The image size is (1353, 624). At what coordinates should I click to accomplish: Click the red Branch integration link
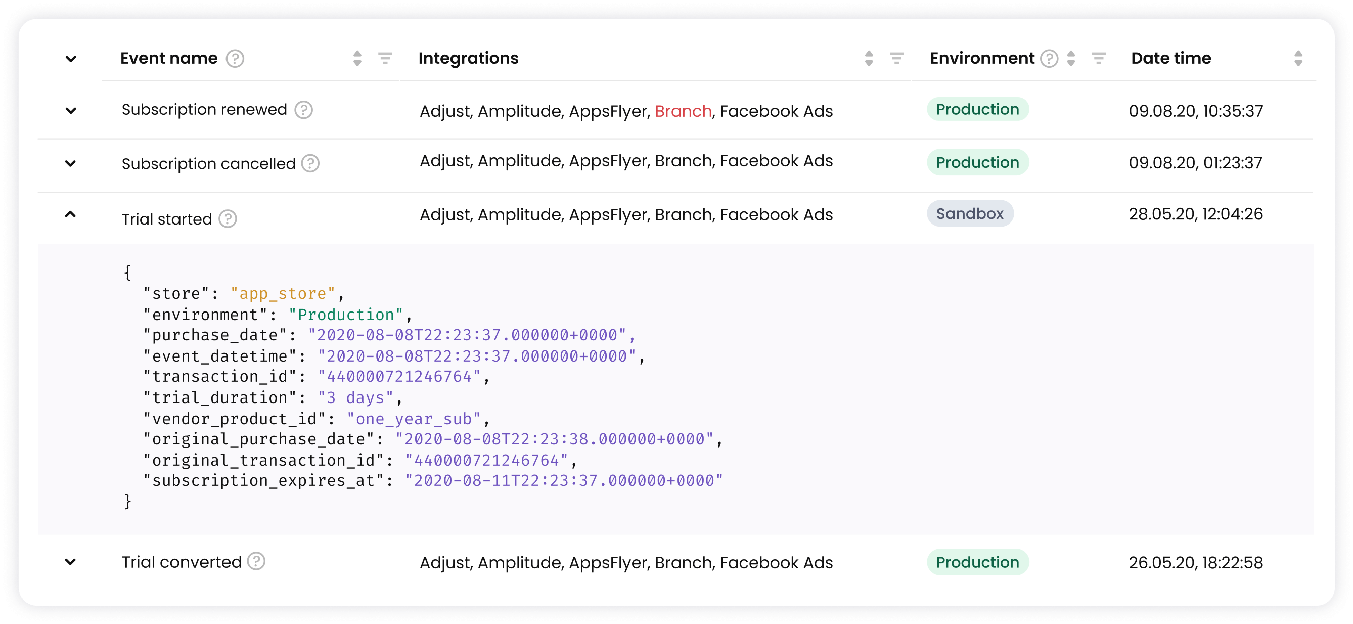click(683, 111)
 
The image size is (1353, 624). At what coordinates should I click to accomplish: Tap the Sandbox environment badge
click(970, 213)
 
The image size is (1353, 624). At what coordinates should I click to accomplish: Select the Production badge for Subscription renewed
click(977, 109)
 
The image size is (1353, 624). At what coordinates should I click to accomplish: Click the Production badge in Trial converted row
click(977, 562)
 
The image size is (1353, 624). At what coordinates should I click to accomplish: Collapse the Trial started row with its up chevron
click(70, 214)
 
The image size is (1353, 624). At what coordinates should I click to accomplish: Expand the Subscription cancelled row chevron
click(70, 163)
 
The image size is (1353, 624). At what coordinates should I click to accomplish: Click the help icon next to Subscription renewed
click(303, 110)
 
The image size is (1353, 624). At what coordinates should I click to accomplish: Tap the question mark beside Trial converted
click(256, 561)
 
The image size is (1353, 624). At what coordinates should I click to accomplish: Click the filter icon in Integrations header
click(896, 58)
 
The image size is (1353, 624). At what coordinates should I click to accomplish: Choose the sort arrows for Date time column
click(1298, 58)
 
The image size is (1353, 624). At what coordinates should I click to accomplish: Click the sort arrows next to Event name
click(357, 58)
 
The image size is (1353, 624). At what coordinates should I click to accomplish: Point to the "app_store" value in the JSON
click(283, 294)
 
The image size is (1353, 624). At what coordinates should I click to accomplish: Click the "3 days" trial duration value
click(355, 397)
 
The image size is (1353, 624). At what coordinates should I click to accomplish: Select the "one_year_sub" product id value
click(414, 419)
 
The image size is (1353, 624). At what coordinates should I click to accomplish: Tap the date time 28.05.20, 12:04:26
click(1195, 214)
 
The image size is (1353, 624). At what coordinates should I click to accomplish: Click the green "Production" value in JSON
click(346, 315)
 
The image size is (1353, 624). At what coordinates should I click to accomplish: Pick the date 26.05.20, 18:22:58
click(1195, 562)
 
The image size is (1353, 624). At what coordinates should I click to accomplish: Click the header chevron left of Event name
click(71, 58)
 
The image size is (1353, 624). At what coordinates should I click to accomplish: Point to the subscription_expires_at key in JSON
click(264, 480)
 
